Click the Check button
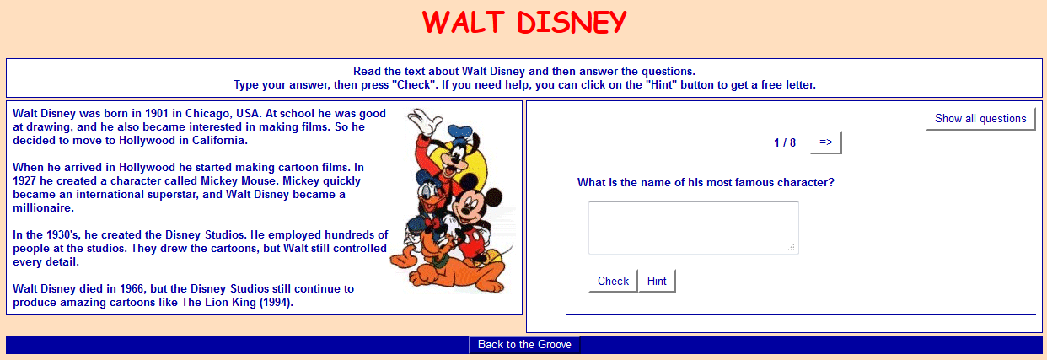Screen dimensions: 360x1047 pyautogui.click(x=613, y=281)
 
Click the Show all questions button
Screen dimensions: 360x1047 pyautogui.click(x=980, y=119)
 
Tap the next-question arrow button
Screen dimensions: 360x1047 pyautogui.click(x=825, y=142)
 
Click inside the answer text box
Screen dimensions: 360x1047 pyautogui.click(x=693, y=228)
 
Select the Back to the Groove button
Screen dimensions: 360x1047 pyautogui.click(x=524, y=344)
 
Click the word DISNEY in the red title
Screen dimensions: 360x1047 pyautogui.click(x=572, y=22)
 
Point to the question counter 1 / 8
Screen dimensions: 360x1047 pyautogui.click(x=785, y=142)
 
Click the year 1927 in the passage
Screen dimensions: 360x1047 pyautogui.click(x=27, y=180)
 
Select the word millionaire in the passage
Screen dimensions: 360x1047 pyautogui.click(x=43, y=207)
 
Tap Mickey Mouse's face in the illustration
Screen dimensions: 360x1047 pyautogui.click(x=466, y=207)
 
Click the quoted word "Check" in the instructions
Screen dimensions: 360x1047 pyautogui.click(x=409, y=84)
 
